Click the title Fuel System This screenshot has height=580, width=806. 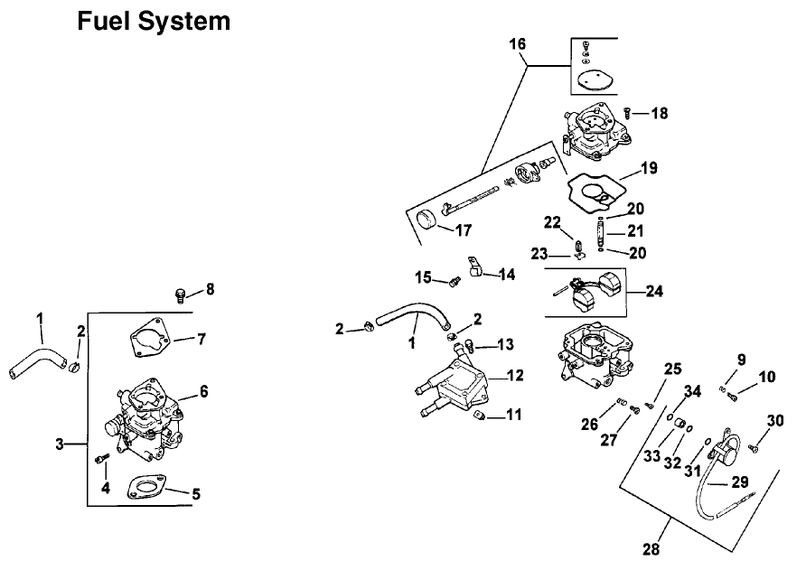point(154,21)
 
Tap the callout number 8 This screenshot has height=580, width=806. point(210,289)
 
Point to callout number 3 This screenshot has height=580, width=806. point(61,444)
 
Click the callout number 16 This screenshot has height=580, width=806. point(515,42)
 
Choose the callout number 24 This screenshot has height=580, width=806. point(654,291)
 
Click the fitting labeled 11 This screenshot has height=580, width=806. point(483,416)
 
